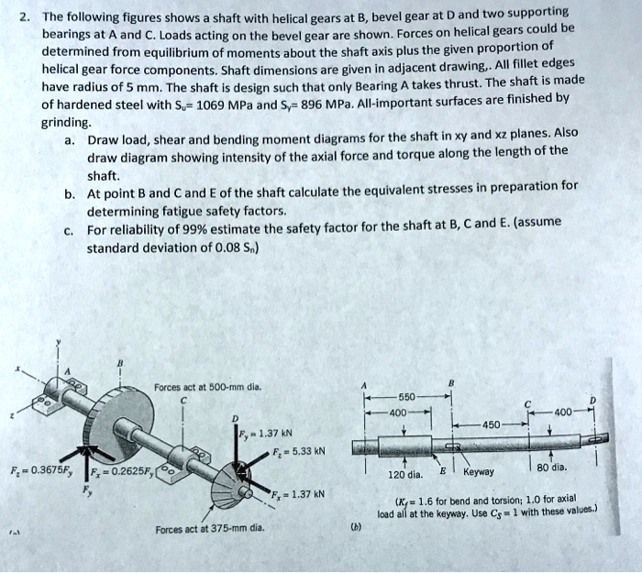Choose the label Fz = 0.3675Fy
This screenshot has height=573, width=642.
(x=35, y=471)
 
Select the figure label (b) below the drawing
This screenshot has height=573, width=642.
(x=356, y=527)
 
